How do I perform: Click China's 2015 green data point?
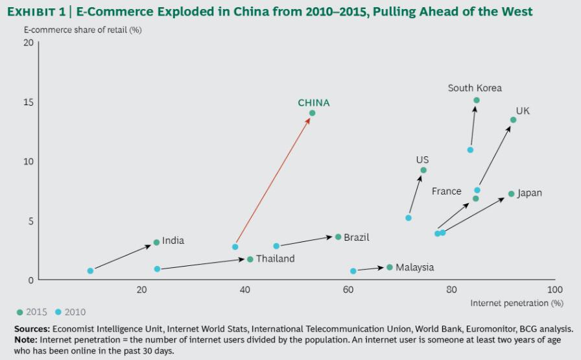[312, 113]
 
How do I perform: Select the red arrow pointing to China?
[273, 180]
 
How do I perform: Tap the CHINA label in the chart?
[314, 102]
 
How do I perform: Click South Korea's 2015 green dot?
[477, 100]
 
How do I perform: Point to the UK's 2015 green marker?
[513, 120]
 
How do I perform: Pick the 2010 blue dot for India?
[90, 270]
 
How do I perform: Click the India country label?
[173, 241]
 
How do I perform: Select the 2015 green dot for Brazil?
[338, 237]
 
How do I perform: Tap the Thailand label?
[275, 259]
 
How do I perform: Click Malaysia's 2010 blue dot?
[353, 271]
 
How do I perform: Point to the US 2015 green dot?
[423, 170]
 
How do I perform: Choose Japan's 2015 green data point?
[511, 194]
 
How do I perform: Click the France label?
[447, 191]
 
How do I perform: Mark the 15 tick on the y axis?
[28, 102]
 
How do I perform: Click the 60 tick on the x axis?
[349, 289]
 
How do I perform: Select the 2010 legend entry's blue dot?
[58, 312]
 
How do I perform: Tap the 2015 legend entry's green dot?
[19, 312]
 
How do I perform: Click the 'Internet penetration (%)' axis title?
[517, 303]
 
